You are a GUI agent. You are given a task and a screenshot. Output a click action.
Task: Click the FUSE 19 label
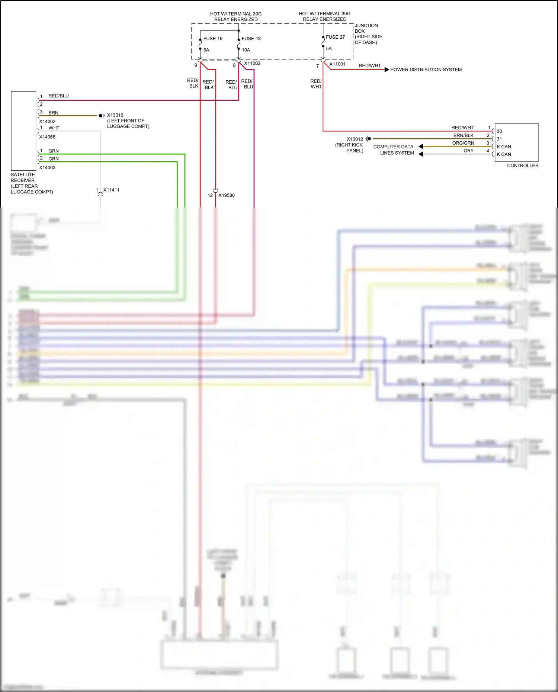[213, 39]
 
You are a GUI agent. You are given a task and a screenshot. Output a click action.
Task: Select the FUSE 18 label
[251, 39]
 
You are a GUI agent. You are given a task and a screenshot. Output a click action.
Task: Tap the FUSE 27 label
[335, 37]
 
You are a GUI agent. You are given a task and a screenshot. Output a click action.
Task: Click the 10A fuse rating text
[246, 50]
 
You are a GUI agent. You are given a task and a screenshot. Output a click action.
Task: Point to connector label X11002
[252, 64]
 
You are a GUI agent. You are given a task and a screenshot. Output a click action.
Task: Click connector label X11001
[337, 64]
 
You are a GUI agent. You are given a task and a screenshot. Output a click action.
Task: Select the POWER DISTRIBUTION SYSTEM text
[426, 70]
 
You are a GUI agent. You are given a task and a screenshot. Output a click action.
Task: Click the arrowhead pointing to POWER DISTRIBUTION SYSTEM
[387, 70]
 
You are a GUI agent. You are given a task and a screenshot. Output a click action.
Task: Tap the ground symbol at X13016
[101, 116]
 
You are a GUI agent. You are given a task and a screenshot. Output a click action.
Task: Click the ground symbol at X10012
[368, 139]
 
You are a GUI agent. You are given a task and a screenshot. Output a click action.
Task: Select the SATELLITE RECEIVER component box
[23, 131]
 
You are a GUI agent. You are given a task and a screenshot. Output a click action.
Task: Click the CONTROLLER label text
[523, 165]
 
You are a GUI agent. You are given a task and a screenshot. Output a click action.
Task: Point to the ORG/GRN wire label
[463, 143]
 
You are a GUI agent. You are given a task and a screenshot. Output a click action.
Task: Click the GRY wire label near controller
[468, 151]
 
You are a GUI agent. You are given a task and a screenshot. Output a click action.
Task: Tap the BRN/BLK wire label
[463, 135]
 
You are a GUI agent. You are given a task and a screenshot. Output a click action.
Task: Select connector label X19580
[227, 195]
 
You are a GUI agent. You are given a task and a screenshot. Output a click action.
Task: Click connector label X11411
[111, 190]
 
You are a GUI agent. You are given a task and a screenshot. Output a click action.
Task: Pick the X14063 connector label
[47, 168]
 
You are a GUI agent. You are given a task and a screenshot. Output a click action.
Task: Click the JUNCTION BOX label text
[366, 28]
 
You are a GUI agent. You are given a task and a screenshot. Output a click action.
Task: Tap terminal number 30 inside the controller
[499, 131]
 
